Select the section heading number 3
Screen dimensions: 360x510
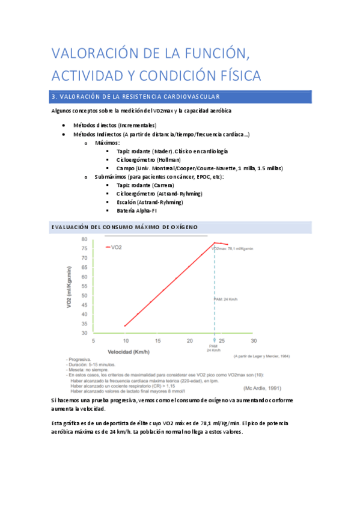click(x=54, y=97)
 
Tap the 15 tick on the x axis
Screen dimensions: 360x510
click(x=157, y=340)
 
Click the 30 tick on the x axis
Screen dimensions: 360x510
click(x=254, y=340)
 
